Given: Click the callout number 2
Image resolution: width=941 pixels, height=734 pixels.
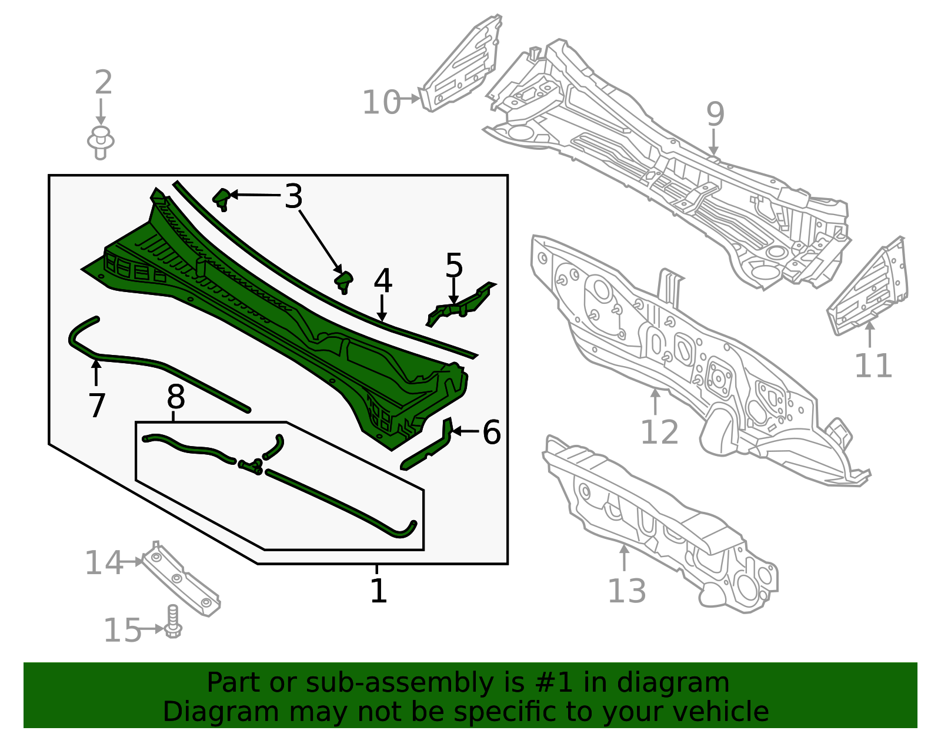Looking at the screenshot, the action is (104, 82).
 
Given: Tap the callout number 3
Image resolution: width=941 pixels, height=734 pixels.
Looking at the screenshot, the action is (293, 196).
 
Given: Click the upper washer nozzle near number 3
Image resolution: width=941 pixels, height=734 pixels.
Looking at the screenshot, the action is (222, 199).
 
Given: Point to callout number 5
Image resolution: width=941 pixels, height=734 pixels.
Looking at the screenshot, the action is (454, 265).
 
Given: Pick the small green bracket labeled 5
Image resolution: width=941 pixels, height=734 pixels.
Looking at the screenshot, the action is (461, 304).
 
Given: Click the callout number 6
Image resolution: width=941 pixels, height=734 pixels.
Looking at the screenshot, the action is (492, 432).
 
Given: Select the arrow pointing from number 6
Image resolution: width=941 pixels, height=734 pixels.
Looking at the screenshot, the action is (466, 431).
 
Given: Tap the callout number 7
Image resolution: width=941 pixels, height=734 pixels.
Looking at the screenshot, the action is (96, 405).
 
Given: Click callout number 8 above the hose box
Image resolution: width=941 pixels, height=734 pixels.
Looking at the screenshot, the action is (176, 397).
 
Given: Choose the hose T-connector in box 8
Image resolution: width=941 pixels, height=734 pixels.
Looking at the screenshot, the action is (251, 466).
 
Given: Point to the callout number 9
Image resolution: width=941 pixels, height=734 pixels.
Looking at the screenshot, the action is (715, 114).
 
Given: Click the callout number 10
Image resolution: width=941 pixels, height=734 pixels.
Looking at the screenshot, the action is (382, 102).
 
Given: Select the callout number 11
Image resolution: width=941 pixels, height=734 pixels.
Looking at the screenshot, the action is (873, 366).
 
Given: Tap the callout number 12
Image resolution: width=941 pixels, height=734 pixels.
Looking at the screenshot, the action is (659, 432).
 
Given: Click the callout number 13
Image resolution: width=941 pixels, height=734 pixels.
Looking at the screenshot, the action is (627, 591).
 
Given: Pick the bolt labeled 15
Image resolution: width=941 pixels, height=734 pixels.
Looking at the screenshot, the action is (173, 621).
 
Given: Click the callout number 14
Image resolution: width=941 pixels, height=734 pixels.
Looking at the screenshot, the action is (104, 563).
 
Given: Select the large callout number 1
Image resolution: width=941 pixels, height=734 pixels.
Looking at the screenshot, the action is (379, 591).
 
